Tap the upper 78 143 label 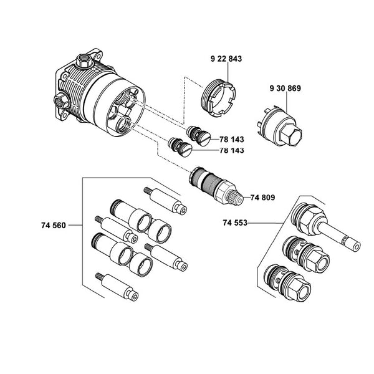coord(231,140)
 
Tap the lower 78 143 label coord(231,150)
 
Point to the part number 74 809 coord(263,198)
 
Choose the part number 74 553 coord(236,223)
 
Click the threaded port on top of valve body coord(81,61)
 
